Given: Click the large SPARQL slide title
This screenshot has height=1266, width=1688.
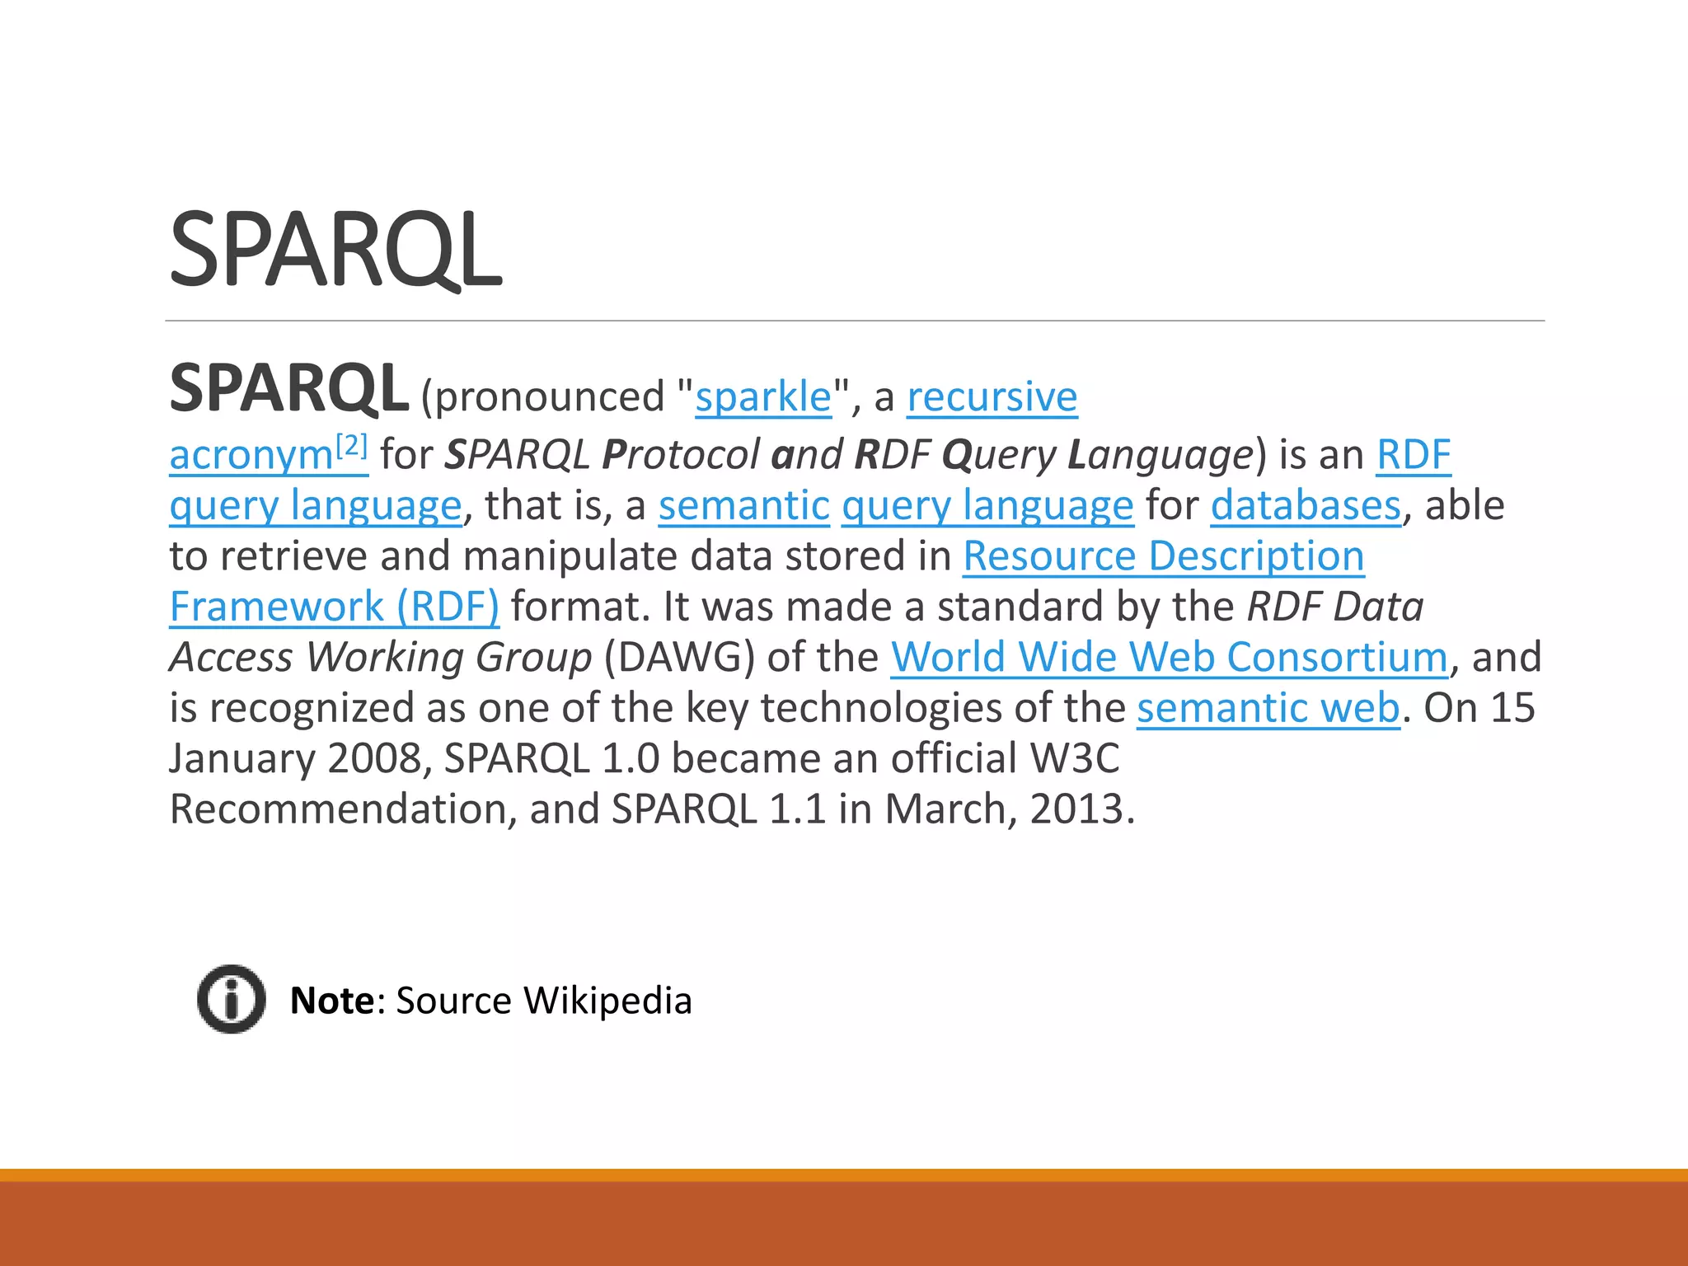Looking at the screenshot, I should coord(335,250).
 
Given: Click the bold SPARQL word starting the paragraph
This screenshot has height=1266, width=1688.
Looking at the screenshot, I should coord(288,389).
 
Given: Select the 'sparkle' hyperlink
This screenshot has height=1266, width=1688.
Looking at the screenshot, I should coord(763,397).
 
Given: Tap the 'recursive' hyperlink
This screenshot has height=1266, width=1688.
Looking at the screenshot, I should coord(992,397).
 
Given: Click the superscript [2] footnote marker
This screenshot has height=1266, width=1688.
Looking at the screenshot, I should coord(352,446).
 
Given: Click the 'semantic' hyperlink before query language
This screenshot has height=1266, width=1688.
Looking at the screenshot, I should coord(743,505).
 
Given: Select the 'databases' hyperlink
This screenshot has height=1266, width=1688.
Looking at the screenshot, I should coord(1306,505).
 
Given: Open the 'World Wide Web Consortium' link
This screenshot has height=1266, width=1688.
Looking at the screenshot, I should coord(1169,658).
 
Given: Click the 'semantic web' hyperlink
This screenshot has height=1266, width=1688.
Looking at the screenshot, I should coord(1268,708).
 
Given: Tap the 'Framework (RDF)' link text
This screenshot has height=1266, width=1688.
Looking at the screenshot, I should coord(334,607).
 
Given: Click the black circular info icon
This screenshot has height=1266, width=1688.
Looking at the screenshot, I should coord(232,999).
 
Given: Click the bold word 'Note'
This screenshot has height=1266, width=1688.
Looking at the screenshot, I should coord(332,1001).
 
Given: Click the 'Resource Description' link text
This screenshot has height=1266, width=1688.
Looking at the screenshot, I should coord(1163,556).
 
